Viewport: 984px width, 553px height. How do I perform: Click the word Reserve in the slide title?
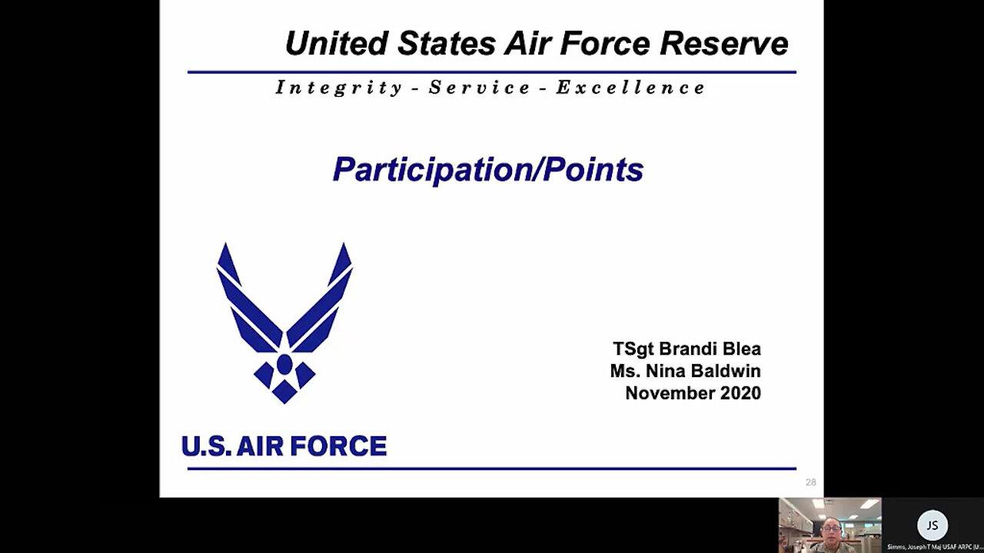(724, 44)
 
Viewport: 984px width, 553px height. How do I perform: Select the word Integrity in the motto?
(339, 88)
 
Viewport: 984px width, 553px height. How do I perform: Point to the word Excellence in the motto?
(630, 88)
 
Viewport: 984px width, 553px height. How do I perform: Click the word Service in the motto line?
(480, 88)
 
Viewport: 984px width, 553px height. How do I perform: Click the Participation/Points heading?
(487, 170)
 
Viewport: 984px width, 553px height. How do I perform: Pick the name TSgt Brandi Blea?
(686, 349)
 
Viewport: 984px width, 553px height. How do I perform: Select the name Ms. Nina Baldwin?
(685, 371)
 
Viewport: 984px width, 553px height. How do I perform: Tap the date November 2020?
(693, 393)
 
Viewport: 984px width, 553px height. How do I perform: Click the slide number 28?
(810, 482)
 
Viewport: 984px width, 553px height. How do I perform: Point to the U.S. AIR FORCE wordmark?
(284, 446)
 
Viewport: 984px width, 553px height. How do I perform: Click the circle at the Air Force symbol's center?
(284, 363)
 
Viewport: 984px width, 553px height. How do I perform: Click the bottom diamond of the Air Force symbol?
(284, 391)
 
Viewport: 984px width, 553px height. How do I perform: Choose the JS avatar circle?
(932, 525)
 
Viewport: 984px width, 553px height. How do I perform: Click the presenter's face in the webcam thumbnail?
(832, 530)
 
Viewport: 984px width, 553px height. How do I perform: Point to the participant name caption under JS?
(933, 547)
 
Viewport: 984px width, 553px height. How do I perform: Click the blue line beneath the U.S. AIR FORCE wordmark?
(492, 468)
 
